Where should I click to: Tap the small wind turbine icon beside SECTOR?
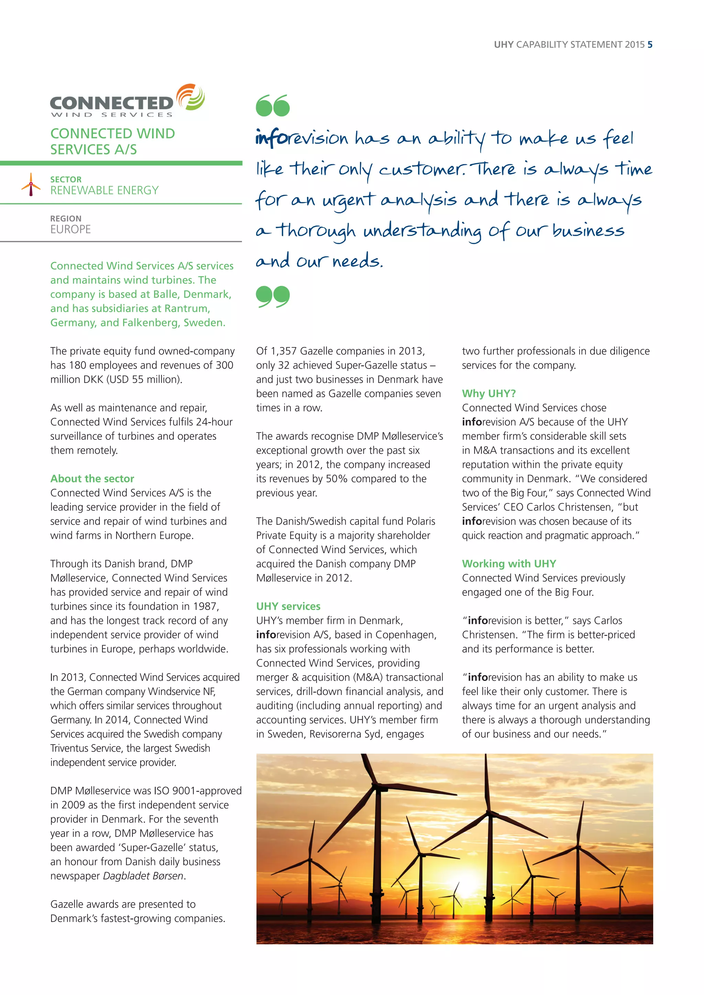pos(31,185)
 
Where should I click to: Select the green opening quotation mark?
pos(273,106)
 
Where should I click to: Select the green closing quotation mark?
pos(273,297)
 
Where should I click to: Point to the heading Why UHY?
pos(488,393)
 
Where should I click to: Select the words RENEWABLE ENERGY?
pos(104,190)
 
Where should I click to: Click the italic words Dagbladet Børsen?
pos(143,876)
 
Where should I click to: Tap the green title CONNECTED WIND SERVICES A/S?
pos(112,141)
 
